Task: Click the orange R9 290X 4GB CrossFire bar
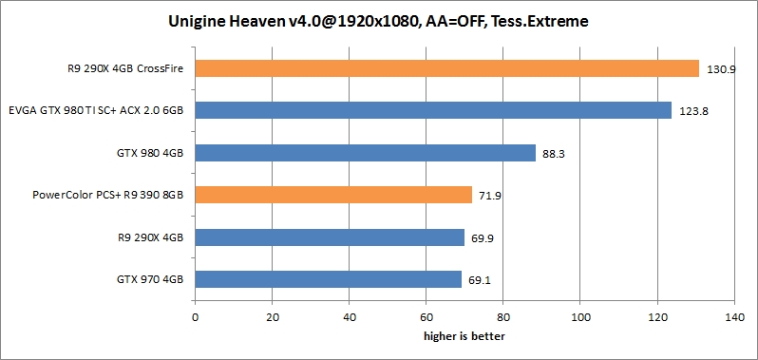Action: (x=446, y=68)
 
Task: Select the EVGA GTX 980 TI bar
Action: (x=433, y=110)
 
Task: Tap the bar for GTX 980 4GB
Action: (x=365, y=152)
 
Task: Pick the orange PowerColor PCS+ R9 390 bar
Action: (x=333, y=195)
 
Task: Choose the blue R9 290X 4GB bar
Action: (x=330, y=237)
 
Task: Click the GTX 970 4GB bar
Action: (x=328, y=279)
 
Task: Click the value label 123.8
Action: (x=694, y=111)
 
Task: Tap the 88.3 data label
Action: (x=555, y=153)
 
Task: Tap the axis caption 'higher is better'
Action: (x=464, y=336)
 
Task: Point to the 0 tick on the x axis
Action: (x=195, y=317)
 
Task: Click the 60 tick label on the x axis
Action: (x=426, y=317)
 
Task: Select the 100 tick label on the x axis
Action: (x=579, y=317)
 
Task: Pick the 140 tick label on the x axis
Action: (x=733, y=317)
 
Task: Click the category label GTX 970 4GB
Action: (x=150, y=279)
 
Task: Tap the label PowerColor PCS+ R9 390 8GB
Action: (x=107, y=195)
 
